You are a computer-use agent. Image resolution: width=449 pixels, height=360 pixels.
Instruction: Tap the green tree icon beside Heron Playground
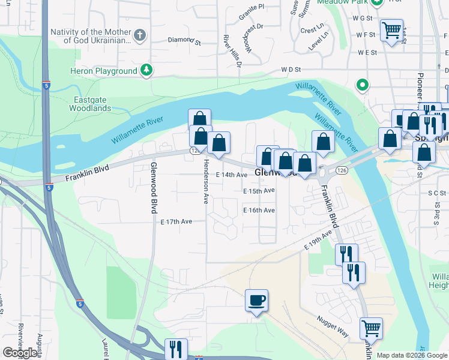[146, 71]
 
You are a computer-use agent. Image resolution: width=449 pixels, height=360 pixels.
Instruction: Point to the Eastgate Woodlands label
[92, 104]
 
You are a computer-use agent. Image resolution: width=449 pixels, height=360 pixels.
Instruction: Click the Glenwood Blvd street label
[154, 187]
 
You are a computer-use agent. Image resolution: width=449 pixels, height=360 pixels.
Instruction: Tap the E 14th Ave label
[231, 175]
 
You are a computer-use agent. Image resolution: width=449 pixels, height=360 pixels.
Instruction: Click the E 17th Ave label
[176, 221]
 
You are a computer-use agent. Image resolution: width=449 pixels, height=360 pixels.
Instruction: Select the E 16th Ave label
[259, 211]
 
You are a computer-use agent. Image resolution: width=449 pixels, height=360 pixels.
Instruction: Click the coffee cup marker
[256, 300]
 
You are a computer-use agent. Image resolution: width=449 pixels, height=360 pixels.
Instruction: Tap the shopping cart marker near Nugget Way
[371, 329]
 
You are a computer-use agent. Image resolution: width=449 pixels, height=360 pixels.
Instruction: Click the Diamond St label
[184, 40]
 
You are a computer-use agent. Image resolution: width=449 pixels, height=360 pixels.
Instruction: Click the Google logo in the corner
[20, 353]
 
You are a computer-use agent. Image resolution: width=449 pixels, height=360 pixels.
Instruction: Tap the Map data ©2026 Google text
[411, 355]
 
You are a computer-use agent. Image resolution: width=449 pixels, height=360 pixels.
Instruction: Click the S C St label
[437, 193]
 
